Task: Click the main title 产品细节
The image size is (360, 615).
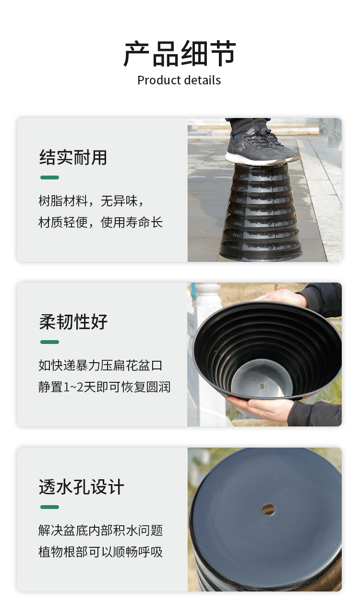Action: tap(180, 54)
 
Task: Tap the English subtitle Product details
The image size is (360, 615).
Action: tap(179, 80)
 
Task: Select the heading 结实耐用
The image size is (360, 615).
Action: tap(73, 157)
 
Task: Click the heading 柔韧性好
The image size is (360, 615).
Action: tap(73, 321)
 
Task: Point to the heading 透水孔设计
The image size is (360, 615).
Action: tap(81, 486)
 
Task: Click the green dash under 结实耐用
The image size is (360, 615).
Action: tap(50, 177)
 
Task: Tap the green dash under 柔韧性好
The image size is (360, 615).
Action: tap(50, 342)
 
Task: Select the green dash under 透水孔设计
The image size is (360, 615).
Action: tap(50, 507)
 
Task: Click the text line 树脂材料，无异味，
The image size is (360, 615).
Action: tap(91, 201)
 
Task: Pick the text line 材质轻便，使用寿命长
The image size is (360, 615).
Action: tap(101, 222)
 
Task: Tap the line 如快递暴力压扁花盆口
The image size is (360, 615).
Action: tap(101, 366)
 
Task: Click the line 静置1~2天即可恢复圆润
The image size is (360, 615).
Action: tap(105, 387)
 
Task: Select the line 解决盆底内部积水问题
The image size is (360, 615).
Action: tap(101, 530)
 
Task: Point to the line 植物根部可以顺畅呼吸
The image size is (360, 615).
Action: tap(101, 552)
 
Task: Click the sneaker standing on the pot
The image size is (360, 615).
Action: tap(261, 147)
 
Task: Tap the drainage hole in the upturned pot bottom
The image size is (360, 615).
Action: tap(268, 509)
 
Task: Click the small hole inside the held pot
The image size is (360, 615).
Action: tap(262, 387)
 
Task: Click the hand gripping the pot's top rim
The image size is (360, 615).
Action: tap(283, 297)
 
